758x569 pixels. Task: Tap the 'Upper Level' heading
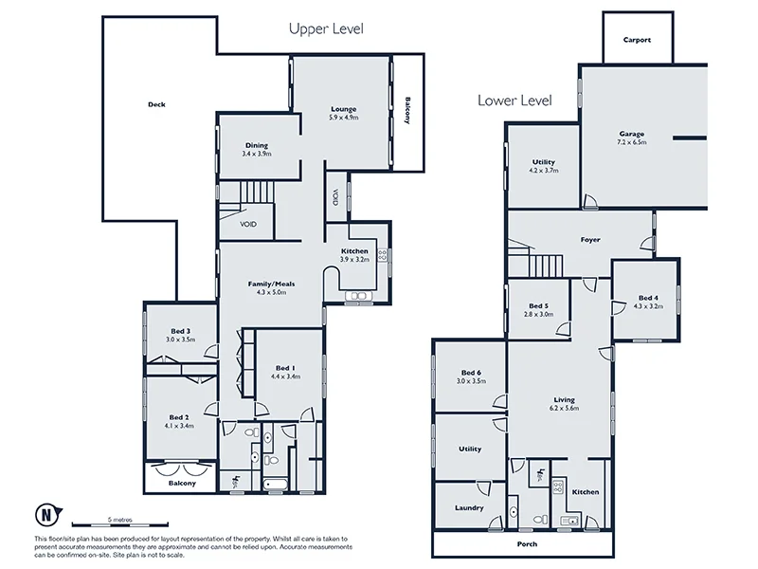pos(325,29)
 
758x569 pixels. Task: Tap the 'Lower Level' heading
pos(514,100)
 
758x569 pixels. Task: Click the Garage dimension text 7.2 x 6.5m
pos(632,142)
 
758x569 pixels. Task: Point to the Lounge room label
pos(342,109)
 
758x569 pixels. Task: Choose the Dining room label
pos(256,145)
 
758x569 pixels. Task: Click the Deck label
pos(157,104)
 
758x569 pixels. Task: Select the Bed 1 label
pos(285,368)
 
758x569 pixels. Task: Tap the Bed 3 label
pos(180,330)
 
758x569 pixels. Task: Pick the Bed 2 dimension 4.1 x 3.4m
pos(180,425)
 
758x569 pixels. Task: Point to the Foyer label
pos(590,240)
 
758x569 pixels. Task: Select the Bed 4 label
pos(648,297)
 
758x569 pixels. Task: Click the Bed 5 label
pos(538,305)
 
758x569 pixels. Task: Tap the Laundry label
pos(470,508)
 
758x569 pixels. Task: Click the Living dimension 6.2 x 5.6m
pos(564,409)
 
